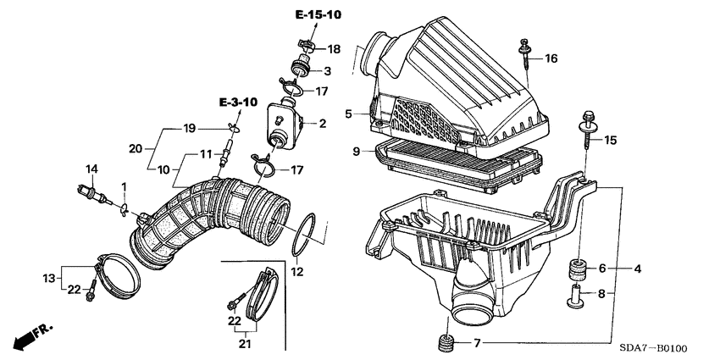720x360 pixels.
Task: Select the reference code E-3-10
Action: point(235,102)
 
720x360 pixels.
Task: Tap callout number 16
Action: point(551,58)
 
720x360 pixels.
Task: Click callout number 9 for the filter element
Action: point(357,152)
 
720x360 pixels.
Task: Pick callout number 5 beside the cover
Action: point(348,114)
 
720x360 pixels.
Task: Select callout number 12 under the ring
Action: point(296,272)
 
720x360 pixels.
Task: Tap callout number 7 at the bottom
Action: point(477,344)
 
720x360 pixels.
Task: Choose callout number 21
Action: point(244,345)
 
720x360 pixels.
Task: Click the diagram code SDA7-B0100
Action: point(656,347)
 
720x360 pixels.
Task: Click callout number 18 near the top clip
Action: point(333,49)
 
